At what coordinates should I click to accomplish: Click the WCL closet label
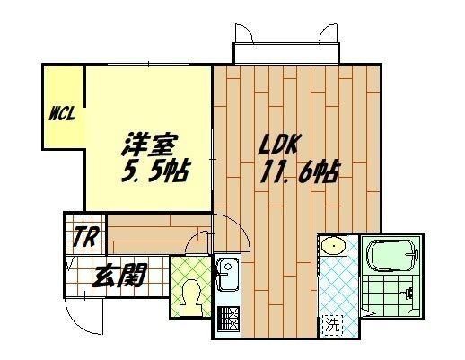click(62, 113)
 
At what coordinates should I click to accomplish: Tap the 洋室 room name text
click(150, 145)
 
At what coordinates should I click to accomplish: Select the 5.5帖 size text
click(155, 171)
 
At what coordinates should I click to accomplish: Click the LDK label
click(278, 145)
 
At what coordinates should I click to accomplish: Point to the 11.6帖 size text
click(300, 171)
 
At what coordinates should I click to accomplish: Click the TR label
click(85, 237)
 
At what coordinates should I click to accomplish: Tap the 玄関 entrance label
click(119, 275)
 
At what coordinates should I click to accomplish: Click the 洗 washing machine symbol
click(333, 324)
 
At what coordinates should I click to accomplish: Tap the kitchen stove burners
click(228, 319)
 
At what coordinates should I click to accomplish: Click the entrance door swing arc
click(77, 324)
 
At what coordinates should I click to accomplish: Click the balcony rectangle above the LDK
click(286, 53)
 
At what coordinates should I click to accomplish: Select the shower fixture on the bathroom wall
click(408, 293)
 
